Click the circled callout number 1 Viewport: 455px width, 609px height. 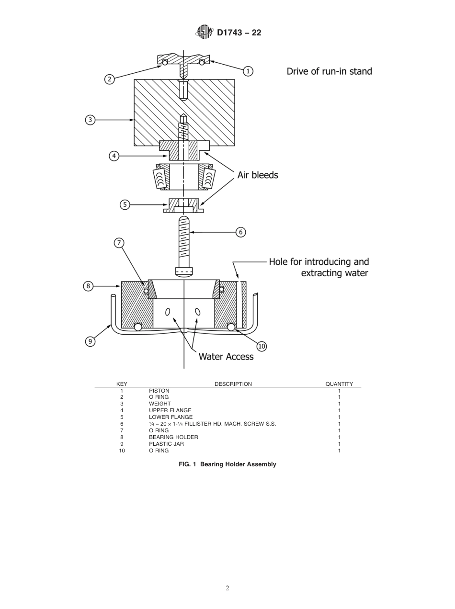click(x=248, y=71)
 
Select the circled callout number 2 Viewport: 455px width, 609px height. click(x=110, y=79)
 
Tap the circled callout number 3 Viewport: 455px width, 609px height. click(x=90, y=120)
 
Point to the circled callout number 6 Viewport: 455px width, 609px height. click(x=240, y=232)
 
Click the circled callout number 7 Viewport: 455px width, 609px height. click(x=119, y=243)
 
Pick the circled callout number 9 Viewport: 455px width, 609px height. click(x=90, y=341)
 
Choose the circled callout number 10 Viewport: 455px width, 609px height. click(x=262, y=346)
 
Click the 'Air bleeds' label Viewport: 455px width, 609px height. click(x=258, y=175)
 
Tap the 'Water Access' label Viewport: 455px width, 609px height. click(x=226, y=356)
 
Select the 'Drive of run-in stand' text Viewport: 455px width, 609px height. click(x=329, y=71)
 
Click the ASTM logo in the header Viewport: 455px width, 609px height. click(x=204, y=33)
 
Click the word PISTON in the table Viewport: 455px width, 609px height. click(x=159, y=391)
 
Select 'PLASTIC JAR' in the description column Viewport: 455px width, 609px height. click(x=166, y=444)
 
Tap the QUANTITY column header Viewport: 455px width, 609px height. click(x=339, y=384)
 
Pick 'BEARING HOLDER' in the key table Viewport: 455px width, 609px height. click(x=173, y=437)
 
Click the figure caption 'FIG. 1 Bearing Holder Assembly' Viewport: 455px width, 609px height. click(x=227, y=464)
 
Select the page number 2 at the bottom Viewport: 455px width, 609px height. click(x=227, y=588)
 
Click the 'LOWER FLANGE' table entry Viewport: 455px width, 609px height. click(x=171, y=417)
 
